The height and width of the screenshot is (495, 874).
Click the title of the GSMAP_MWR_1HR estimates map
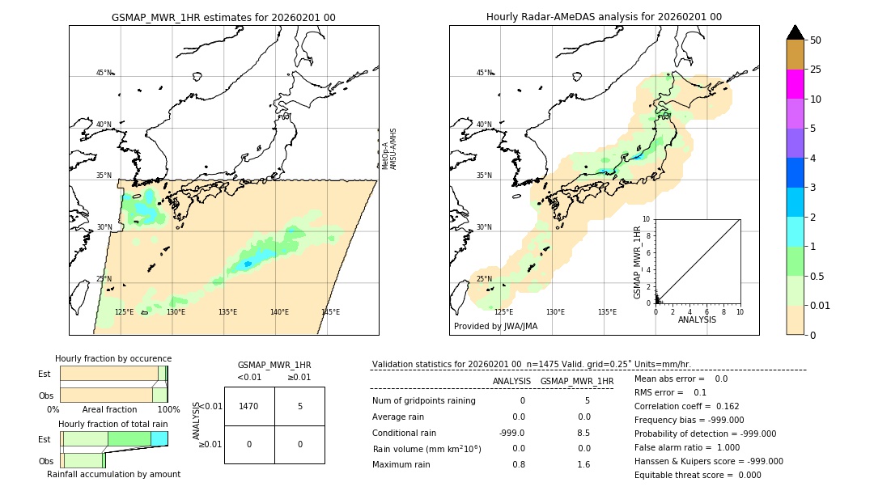coord(223,17)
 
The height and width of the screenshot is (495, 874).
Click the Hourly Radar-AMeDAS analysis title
coord(604,17)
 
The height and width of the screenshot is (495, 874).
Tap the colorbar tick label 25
coord(817,70)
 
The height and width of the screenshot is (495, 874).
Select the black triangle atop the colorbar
coord(796,32)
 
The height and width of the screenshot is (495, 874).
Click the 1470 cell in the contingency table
coord(249,406)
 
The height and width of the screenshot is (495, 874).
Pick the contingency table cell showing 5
coord(299,406)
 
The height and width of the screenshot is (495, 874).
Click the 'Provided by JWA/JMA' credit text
coord(495,327)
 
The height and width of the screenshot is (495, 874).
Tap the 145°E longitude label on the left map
coord(330,312)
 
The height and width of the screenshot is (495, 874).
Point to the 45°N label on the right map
coord(484,73)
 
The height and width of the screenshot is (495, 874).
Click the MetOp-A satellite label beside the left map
coord(386,154)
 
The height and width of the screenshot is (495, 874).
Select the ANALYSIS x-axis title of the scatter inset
coord(697,319)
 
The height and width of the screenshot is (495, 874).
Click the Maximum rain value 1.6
coord(583,464)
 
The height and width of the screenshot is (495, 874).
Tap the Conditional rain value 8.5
coord(583,433)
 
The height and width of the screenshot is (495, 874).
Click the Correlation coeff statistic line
coord(687,406)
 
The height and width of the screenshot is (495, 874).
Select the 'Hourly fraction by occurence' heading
coord(113,358)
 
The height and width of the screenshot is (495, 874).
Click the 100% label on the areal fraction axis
coord(168,410)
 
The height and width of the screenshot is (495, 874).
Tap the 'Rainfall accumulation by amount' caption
coord(113,474)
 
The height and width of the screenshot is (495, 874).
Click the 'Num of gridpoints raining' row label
coord(424,400)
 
